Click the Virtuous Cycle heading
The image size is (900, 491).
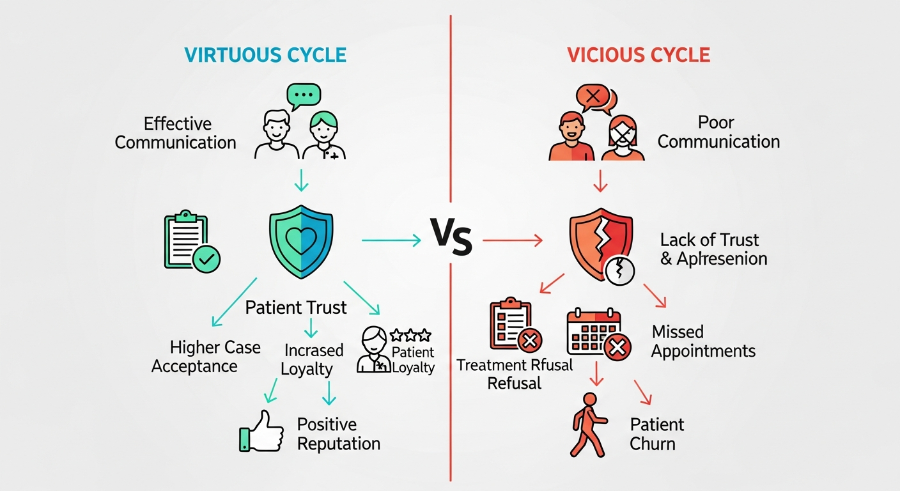coord(265,54)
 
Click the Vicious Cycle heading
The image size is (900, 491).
coord(638,54)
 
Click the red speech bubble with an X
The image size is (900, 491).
coord(594,97)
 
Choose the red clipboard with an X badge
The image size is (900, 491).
coord(515,326)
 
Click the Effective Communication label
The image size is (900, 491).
coord(176,132)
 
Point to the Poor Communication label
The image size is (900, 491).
coord(718,132)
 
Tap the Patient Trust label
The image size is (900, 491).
coord(296,308)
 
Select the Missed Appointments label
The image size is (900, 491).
coord(703,341)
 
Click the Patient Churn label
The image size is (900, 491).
coord(656,433)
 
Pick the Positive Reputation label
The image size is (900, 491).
coord(338,433)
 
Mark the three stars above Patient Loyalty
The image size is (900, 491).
coord(410,335)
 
